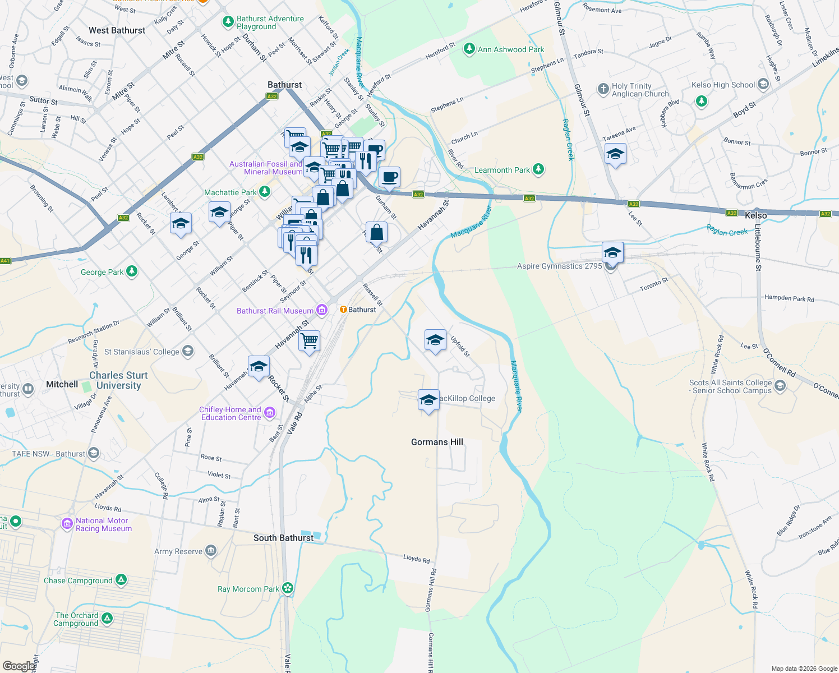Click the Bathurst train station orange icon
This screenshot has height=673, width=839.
(343, 310)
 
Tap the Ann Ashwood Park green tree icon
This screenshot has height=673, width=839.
(469, 49)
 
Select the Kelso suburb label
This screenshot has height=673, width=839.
(755, 215)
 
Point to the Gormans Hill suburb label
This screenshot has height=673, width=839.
(437, 442)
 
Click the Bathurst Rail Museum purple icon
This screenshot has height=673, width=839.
(322, 310)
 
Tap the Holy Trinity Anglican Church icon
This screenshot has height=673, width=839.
(603, 89)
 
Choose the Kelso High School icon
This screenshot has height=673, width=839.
(763, 85)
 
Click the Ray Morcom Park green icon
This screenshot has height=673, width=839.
(288, 588)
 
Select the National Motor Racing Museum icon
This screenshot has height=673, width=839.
(67, 524)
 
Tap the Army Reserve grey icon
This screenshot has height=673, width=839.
(211, 551)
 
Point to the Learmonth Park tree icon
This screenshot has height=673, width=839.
(538, 169)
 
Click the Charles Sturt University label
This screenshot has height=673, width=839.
(118, 380)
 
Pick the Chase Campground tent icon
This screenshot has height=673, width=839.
(121, 580)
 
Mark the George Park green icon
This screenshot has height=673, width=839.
(132, 272)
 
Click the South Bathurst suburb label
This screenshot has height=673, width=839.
(283, 538)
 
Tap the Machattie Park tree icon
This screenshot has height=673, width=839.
(265, 192)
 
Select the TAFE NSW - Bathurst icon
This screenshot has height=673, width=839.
(94, 453)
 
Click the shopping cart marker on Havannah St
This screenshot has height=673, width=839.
(310, 340)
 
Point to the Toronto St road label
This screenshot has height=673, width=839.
(654, 285)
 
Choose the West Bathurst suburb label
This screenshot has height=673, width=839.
(117, 30)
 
